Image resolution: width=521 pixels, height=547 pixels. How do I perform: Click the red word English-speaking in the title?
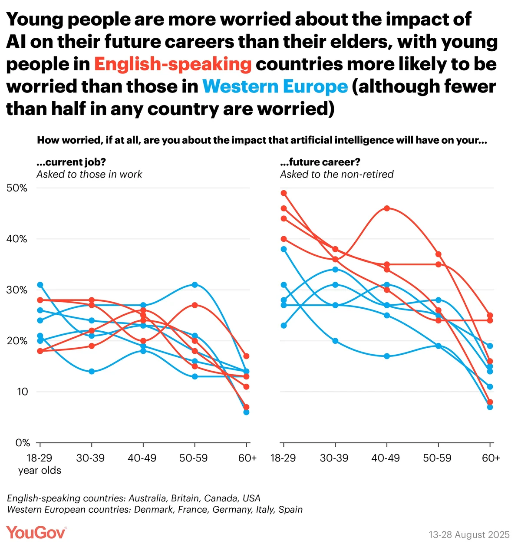pos(173,64)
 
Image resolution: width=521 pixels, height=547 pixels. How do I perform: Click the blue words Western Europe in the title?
pos(275,87)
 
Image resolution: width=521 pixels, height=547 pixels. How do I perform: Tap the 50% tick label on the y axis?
pos(17,188)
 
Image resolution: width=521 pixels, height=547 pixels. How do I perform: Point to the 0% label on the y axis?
pos(23,443)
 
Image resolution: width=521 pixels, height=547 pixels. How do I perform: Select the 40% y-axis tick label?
pos(17,239)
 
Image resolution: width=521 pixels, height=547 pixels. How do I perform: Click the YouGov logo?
pos(36,532)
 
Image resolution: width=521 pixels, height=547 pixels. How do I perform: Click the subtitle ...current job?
pos(71,162)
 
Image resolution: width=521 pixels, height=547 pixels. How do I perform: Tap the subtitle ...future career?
pos(320,162)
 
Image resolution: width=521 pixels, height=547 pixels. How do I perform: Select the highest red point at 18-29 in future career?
pos(284,193)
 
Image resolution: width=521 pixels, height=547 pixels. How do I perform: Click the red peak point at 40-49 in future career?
pos(387,208)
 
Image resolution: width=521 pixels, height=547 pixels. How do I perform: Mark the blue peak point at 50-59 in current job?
pos(195,285)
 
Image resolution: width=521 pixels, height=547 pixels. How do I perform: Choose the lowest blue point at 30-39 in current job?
pos(92,371)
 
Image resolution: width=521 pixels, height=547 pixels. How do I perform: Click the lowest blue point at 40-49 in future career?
pos(387,356)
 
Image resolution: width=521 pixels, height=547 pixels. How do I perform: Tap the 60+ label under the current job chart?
pos(247,458)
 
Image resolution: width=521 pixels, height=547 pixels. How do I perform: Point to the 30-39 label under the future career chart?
pos(334,458)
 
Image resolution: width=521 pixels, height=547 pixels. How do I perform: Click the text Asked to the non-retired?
pos(336,175)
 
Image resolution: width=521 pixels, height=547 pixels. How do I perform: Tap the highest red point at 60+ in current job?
pos(246,356)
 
